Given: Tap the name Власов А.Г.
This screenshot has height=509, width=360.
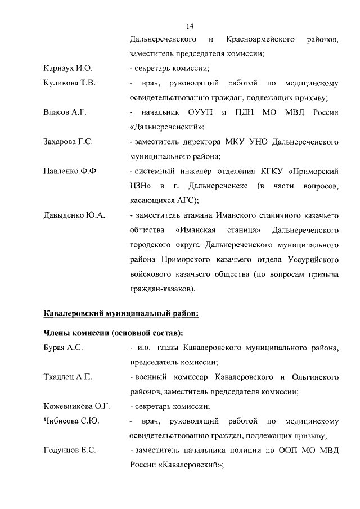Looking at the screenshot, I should [x=65, y=112].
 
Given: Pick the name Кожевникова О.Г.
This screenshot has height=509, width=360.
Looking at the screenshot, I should [x=76, y=406].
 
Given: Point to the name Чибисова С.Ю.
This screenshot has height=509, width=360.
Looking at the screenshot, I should [x=71, y=421].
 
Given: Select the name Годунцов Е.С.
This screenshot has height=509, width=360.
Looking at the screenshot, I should [x=70, y=450].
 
